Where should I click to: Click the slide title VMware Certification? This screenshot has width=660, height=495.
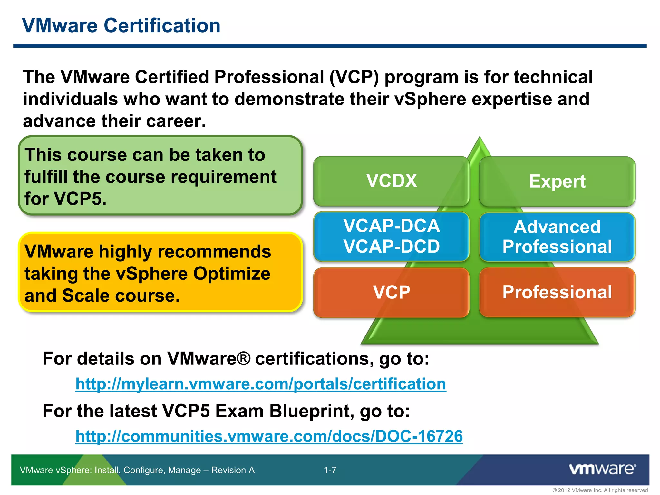coord(121,25)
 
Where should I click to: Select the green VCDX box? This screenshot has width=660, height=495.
coord(391,181)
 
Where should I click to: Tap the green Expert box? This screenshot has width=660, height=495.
coord(557,181)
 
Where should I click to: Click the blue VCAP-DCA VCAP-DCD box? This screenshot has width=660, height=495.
coord(391,236)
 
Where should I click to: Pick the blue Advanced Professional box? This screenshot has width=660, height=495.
coord(557,237)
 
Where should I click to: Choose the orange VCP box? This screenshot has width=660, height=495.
coord(391,292)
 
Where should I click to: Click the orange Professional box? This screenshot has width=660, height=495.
coord(557,292)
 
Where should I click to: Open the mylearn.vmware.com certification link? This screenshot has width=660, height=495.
coord(260,384)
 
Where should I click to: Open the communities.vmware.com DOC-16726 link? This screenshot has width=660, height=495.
coord(269,436)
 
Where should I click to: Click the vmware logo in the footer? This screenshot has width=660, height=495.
coord(602,469)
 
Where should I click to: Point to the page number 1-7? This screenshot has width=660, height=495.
coord(330,470)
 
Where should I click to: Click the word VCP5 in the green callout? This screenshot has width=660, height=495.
coord(80,199)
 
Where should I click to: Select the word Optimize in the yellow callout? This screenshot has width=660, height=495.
coord(231,274)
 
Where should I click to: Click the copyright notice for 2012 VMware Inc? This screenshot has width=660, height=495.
coord(600,490)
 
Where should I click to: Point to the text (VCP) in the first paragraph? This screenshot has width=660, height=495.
coord(354,77)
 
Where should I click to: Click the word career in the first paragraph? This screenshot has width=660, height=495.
coord(174,121)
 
